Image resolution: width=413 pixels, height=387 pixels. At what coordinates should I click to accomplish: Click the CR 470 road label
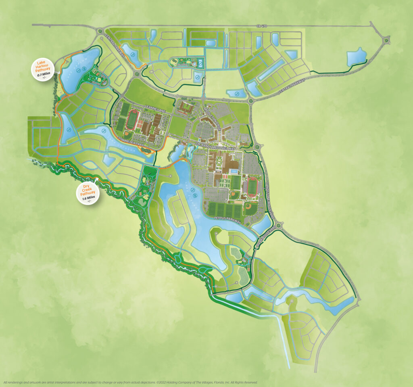click(x=262, y=26)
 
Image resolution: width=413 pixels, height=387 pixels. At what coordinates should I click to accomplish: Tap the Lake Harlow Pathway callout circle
click(x=43, y=70)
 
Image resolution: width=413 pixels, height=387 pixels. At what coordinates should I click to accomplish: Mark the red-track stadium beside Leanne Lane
click(x=133, y=120)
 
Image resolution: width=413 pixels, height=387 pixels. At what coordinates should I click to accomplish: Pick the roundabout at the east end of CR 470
click(x=388, y=39)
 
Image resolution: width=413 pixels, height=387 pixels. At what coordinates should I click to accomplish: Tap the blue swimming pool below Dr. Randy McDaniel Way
click(x=234, y=172)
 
